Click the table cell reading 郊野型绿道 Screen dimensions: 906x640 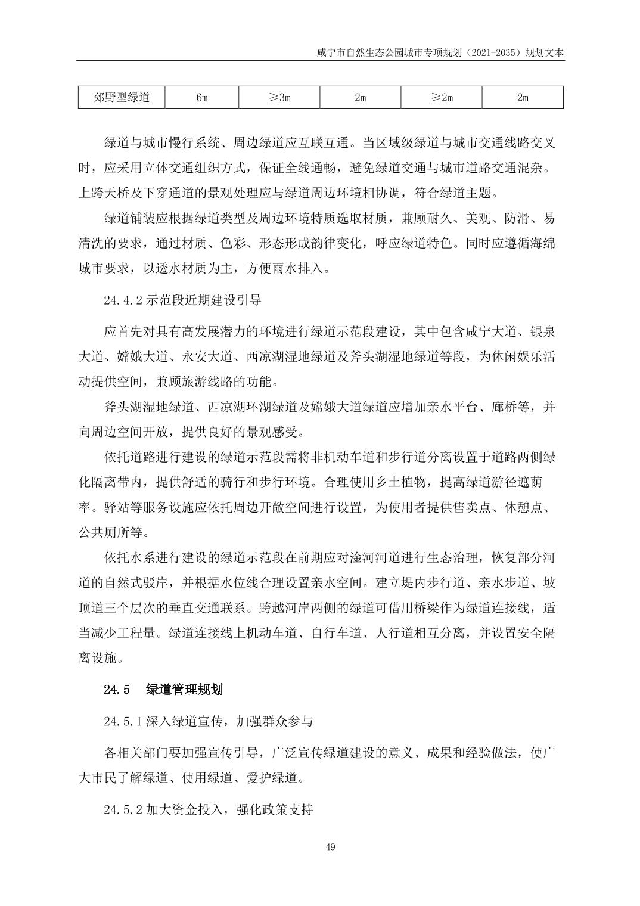click(122, 97)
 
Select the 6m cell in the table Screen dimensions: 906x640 click(201, 97)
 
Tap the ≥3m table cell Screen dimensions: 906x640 click(279, 97)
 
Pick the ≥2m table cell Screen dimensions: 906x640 click(442, 97)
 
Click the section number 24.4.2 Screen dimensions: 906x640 click(123, 300)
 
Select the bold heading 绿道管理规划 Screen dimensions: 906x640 click(184, 690)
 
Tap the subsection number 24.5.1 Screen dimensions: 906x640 click(123, 721)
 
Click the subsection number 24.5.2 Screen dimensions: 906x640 click(123, 810)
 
